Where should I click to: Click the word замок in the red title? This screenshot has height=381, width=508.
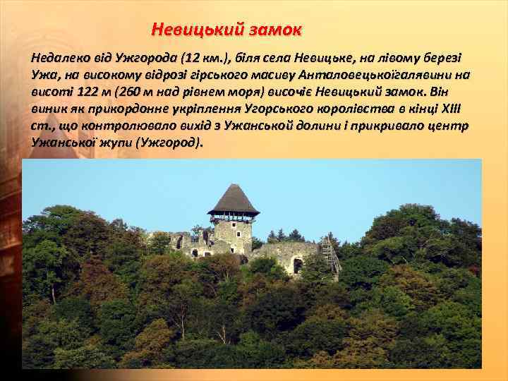[x=274, y=30]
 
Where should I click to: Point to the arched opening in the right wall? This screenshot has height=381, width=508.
[x=297, y=265]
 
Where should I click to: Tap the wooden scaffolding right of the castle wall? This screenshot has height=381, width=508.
[x=330, y=255]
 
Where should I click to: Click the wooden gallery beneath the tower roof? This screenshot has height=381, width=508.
[x=234, y=217]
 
